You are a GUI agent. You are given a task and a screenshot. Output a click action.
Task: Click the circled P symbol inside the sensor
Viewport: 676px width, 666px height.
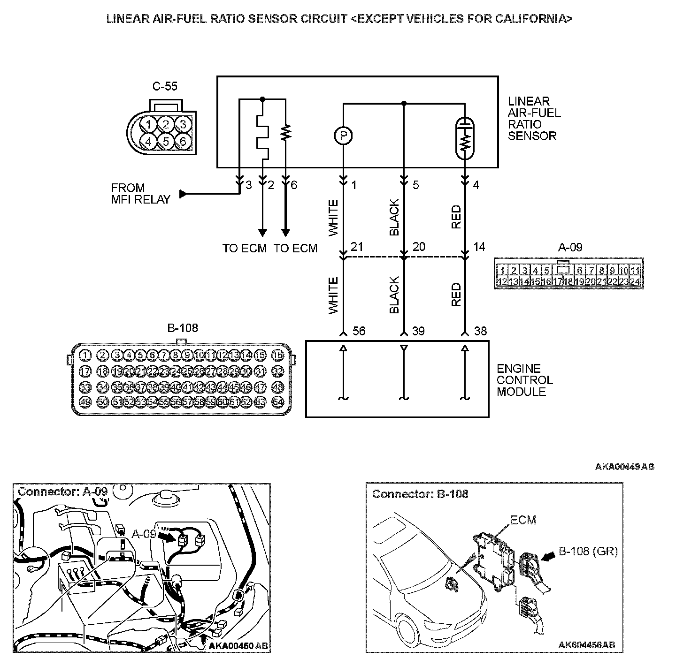343,136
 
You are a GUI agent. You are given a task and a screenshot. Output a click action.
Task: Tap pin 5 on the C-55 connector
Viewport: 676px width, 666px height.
166,140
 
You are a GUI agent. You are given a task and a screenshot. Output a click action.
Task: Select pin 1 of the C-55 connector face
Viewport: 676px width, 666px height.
148,124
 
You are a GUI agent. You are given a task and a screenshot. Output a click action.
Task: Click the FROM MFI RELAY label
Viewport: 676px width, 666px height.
140,194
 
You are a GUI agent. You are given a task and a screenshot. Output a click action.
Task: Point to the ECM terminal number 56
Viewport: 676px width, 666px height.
359,331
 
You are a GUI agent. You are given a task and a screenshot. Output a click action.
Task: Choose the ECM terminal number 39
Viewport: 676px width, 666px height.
418,331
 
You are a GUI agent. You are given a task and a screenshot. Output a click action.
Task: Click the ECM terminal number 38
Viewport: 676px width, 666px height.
480,331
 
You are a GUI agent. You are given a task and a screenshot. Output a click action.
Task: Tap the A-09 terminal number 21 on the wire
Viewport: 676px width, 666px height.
357,247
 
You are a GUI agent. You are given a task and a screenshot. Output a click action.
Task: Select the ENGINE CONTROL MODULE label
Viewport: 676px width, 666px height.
525,380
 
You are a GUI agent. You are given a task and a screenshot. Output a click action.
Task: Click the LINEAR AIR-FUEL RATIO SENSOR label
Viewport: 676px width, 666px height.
534,119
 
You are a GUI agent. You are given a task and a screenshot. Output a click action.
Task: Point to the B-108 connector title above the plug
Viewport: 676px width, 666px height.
183,328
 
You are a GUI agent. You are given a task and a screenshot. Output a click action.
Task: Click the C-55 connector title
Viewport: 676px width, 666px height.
165,87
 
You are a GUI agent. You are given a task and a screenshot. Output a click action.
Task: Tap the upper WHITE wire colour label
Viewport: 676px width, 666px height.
333,218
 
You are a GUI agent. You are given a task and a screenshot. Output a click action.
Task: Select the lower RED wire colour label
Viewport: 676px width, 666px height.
456,295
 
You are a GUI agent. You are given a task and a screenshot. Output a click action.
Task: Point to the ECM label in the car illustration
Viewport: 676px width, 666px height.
523,520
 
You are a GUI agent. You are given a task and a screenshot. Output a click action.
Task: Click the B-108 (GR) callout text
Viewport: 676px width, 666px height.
588,552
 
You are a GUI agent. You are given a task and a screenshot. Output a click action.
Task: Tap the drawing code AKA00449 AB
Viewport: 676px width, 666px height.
624,467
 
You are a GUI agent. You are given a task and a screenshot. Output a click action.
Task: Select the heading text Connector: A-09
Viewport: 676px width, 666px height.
62,492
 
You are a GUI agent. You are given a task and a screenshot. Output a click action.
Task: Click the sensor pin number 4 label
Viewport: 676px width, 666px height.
476,185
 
